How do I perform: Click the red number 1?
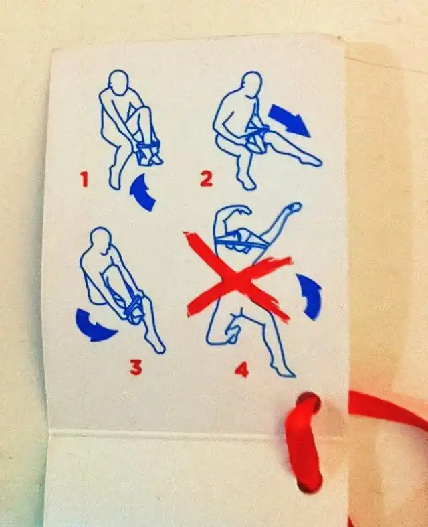[x=85, y=179]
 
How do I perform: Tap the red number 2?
[x=207, y=179]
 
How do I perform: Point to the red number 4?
[x=241, y=369]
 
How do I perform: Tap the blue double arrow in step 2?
[x=290, y=120]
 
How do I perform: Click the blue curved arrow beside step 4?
[x=310, y=296]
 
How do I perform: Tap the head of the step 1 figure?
[x=118, y=82]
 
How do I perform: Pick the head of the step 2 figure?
[x=251, y=84]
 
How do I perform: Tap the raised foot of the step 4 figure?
[x=295, y=206]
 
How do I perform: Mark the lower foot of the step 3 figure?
[x=158, y=346]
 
